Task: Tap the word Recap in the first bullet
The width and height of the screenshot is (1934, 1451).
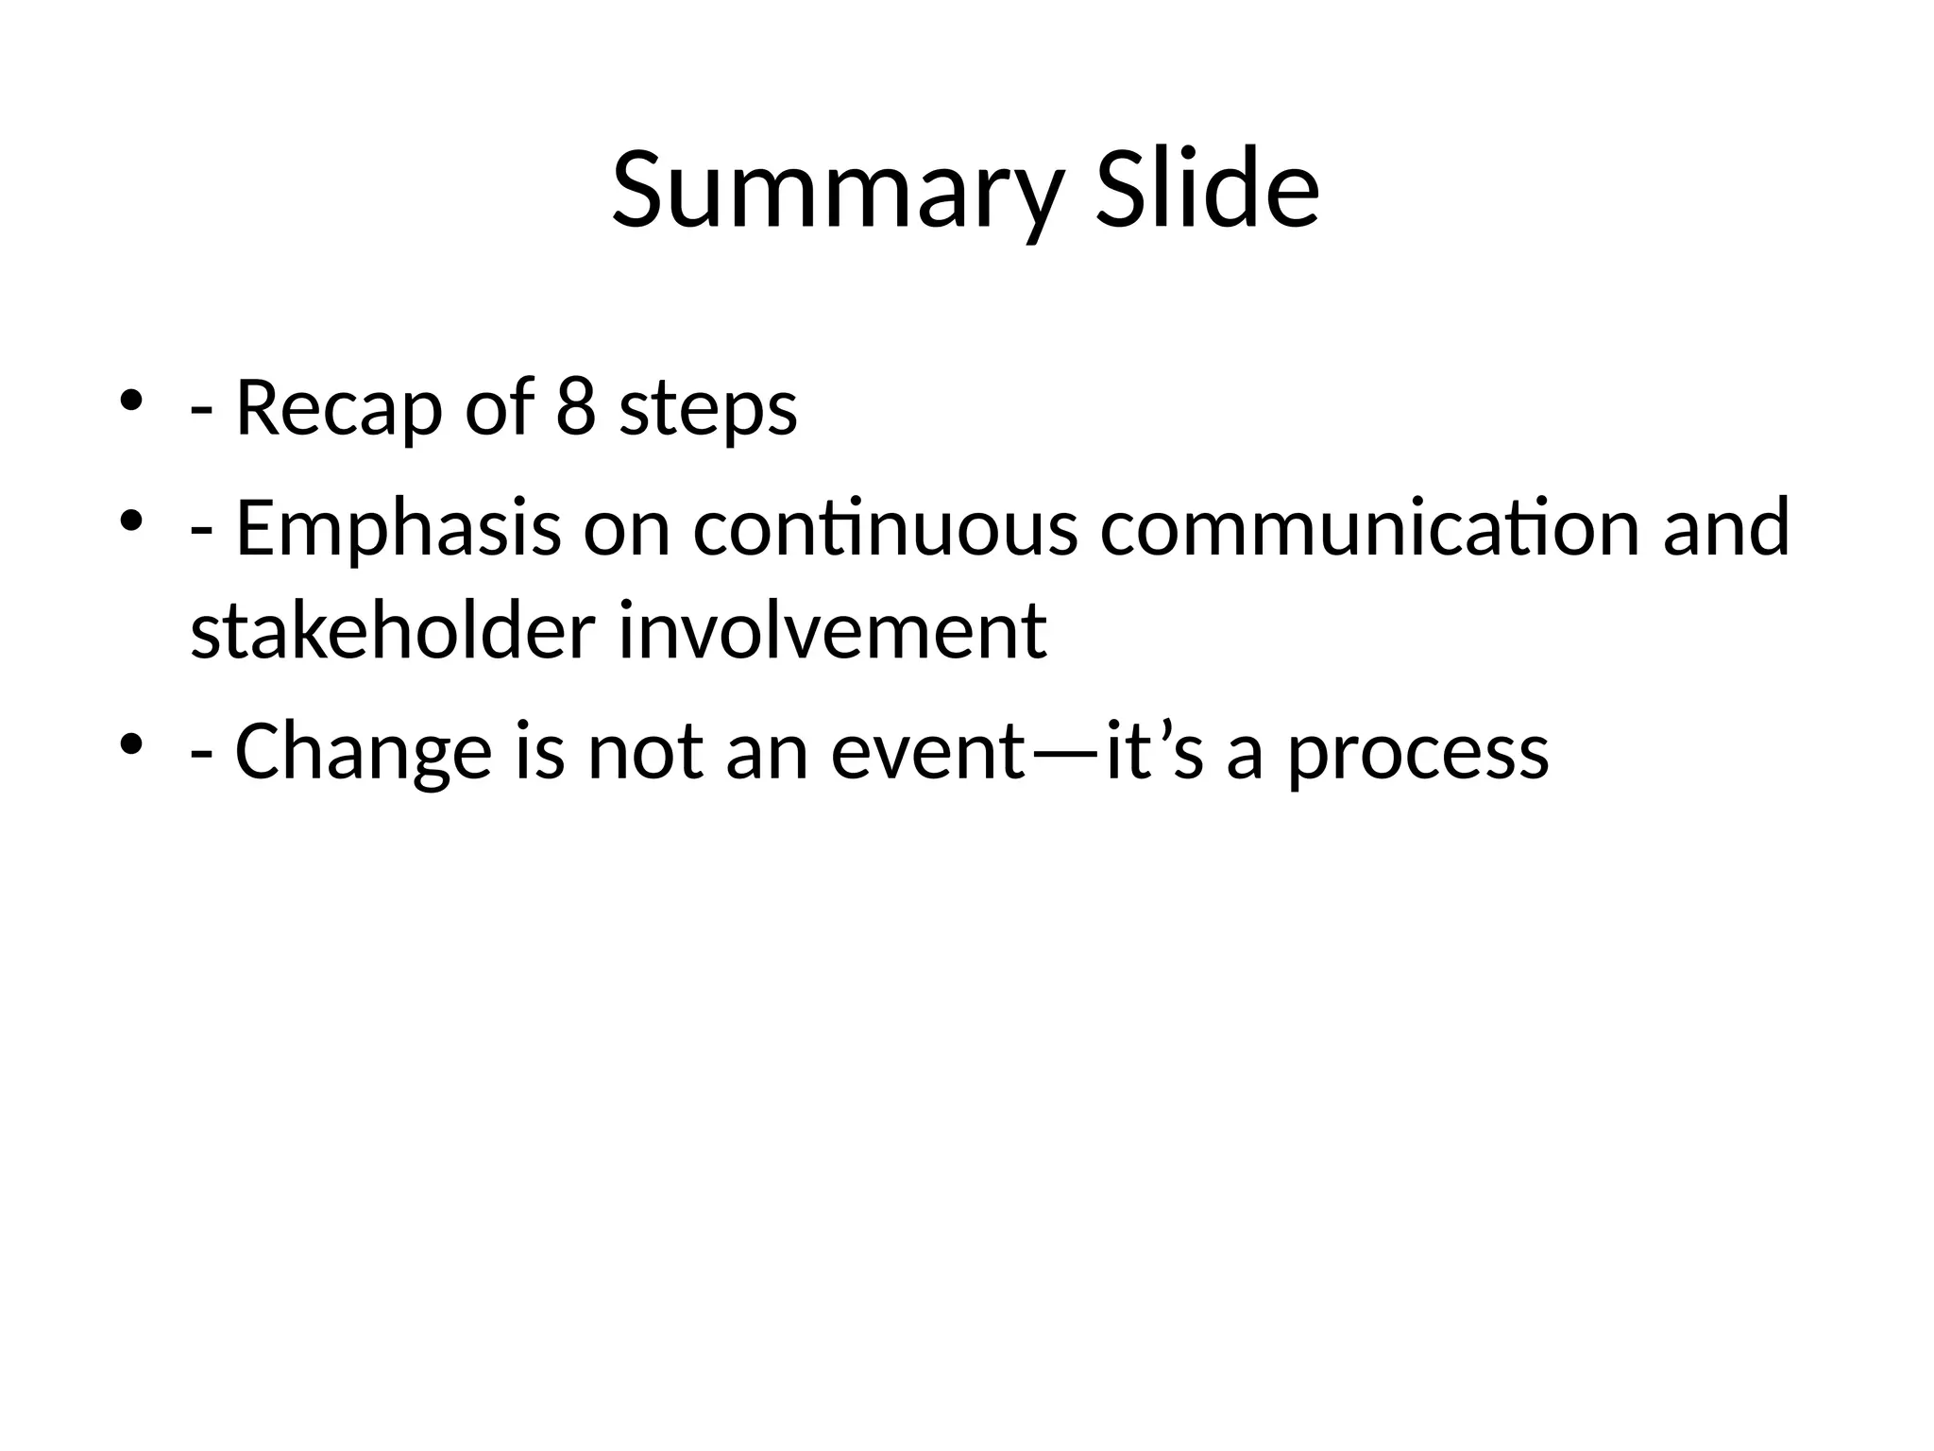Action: (338, 409)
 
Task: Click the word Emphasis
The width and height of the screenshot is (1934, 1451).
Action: (398, 530)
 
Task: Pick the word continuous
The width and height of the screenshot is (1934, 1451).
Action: (885, 528)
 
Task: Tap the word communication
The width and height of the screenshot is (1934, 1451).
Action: (1370, 528)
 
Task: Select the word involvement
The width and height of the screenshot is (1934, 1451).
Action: (832, 631)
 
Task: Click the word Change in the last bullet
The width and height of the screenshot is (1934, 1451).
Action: (364, 753)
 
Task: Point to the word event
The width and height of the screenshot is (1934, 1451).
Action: (928, 753)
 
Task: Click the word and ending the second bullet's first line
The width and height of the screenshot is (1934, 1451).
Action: (1726, 528)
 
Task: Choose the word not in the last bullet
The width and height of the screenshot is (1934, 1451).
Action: (645, 753)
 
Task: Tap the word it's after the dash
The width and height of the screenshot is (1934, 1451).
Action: (1154, 753)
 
